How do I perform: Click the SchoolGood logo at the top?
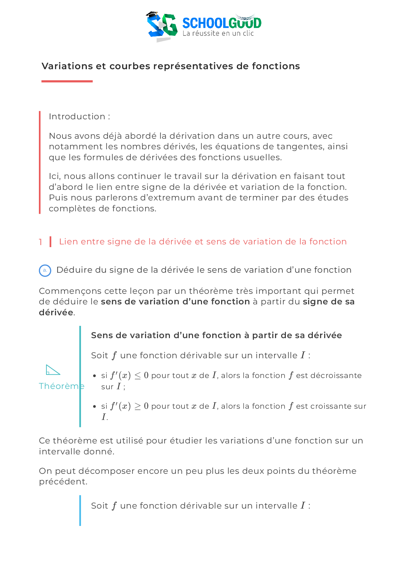(x=204, y=24)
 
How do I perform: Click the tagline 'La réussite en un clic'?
(x=218, y=33)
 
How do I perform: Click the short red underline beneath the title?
(x=67, y=81)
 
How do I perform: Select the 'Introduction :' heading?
(x=79, y=117)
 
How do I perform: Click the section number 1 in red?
(x=41, y=242)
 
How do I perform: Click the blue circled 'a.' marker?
(x=45, y=271)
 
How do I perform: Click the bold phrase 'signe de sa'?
(x=329, y=302)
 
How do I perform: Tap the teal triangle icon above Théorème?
(x=53, y=370)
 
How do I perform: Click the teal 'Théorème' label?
(x=61, y=386)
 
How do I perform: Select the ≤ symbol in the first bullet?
(x=137, y=376)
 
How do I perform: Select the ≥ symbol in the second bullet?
(x=137, y=407)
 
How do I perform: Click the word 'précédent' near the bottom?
(x=63, y=482)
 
